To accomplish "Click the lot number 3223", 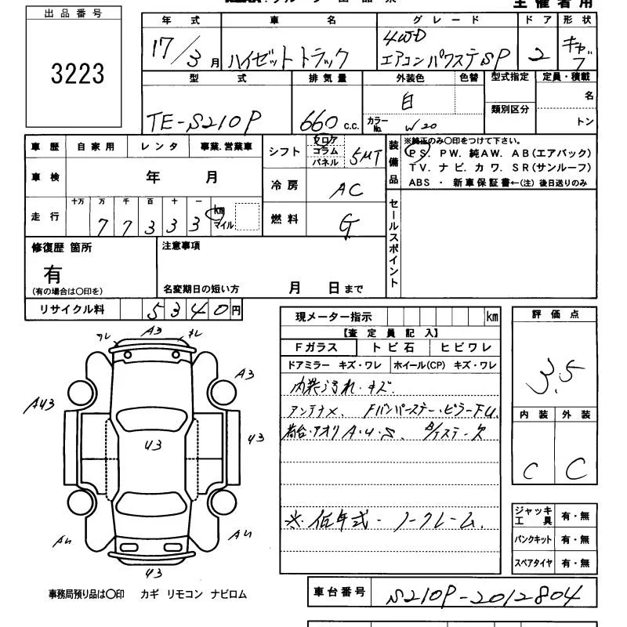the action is tap(77, 74).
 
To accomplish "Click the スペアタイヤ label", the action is tap(533, 563).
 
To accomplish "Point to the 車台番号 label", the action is tap(339, 593).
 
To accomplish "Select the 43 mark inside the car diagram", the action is tap(153, 445).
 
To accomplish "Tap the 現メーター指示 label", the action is tap(333, 317).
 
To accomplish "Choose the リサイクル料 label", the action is tap(72, 310).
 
